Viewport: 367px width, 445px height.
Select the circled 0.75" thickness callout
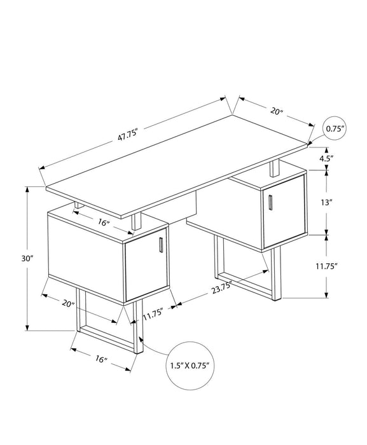pos(335,129)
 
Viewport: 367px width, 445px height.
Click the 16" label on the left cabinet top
pos(103,223)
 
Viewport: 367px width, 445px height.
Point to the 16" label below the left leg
pos(100,360)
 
